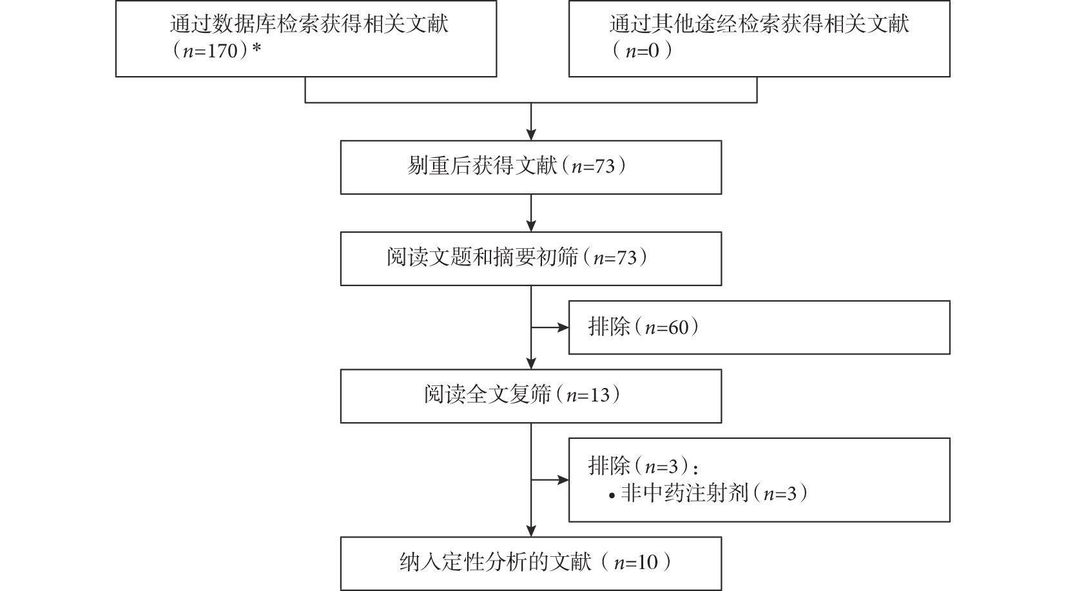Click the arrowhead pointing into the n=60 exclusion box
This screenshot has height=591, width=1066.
[x=563, y=327]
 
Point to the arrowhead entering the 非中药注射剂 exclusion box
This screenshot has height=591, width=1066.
[x=563, y=480]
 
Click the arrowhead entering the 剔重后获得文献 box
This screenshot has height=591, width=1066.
[x=531, y=135]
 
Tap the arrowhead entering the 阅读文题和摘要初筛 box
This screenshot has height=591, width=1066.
[x=531, y=226]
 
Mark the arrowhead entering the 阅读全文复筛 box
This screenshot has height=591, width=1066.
[x=531, y=363]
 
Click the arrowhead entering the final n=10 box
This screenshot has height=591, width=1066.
[x=531, y=531]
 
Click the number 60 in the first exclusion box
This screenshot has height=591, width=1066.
[x=679, y=327]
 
